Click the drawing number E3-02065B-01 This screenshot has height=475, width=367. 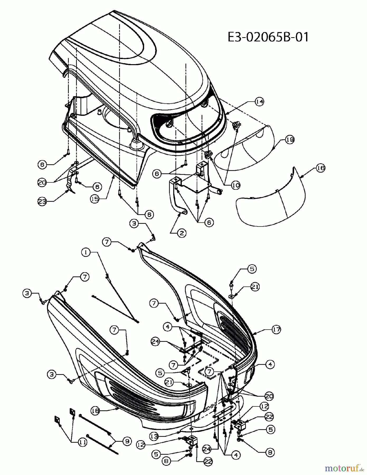[268, 37]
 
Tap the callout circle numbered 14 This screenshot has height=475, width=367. [260, 102]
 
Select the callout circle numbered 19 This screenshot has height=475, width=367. [290, 140]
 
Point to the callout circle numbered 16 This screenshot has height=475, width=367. [321, 168]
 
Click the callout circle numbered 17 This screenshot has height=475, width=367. [276, 329]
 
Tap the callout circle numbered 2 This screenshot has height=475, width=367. [182, 233]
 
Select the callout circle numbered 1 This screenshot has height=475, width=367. [86, 252]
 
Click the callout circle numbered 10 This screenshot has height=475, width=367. [236, 185]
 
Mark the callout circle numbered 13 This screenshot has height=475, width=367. [154, 436]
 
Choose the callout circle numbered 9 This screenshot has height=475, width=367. [127, 441]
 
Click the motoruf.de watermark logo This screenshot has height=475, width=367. [342, 468]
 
